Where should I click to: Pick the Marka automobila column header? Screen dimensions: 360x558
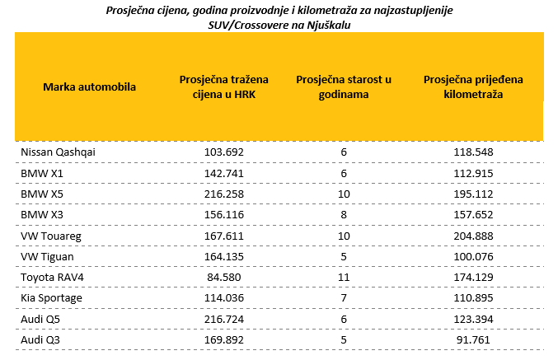pyautogui.click(x=89, y=86)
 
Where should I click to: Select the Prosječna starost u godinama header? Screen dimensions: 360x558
pyautogui.click(x=344, y=86)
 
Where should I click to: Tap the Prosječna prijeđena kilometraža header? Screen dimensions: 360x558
pyautogui.click(x=473, y=86)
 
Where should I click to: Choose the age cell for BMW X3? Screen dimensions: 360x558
pyautogui.click(x=345, y=215)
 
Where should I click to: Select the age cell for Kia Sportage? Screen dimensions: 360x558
pyautogui.click(x=345, y=297)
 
